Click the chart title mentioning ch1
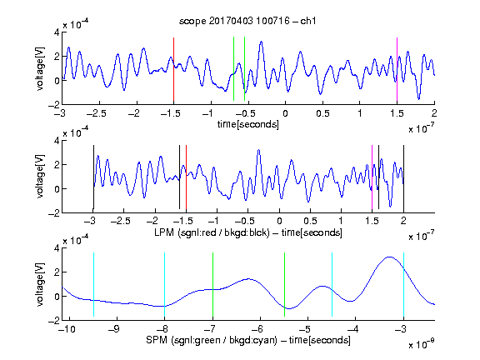247,21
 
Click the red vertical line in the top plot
173,69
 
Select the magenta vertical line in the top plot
397,69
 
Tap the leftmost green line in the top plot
233,68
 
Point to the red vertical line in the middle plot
186,177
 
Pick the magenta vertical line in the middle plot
372,177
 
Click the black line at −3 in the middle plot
93,177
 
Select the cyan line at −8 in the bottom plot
164,284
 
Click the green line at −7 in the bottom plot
212,284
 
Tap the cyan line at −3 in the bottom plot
403,284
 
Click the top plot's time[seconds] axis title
248,124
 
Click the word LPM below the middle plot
164,232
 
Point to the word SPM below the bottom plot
157,340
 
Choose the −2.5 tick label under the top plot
96,114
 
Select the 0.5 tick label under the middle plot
310,221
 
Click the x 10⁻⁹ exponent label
421,344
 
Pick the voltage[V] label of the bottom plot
40,284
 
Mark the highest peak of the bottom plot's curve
389,257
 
